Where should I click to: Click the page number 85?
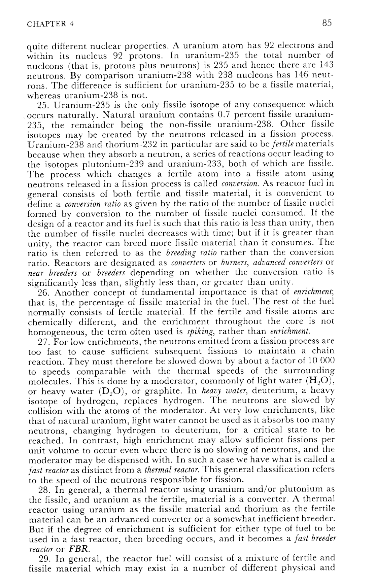click(327, 23)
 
